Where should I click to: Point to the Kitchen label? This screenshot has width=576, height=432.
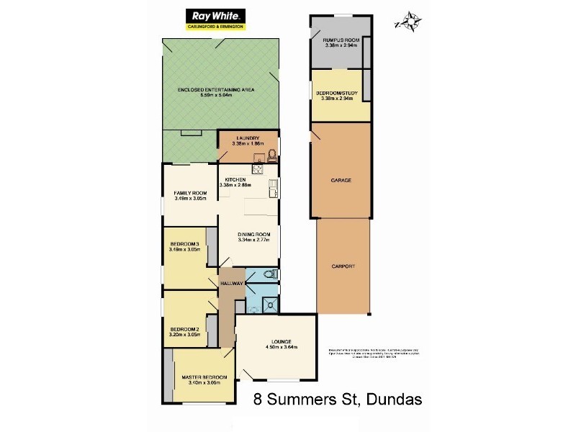pyautogui.click(x=235, y=179)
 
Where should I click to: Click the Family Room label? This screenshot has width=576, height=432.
pyautogui.click(x=190, y=193)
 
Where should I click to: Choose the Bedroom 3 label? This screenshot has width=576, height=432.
pyautogui.click(x=184, y=244)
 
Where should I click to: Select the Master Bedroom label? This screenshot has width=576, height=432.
pyautogui.click(x=204, y=377)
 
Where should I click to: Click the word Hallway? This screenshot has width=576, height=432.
pyautogui.click(x=231, y=284)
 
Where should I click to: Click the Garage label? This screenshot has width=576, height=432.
pyautogui.click(x=341, y=180)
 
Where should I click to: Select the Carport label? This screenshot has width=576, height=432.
pyautogui.click(x=343, y=266)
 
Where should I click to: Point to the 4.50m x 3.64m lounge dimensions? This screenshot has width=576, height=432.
pyautogui.click(x=278, y=347)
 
